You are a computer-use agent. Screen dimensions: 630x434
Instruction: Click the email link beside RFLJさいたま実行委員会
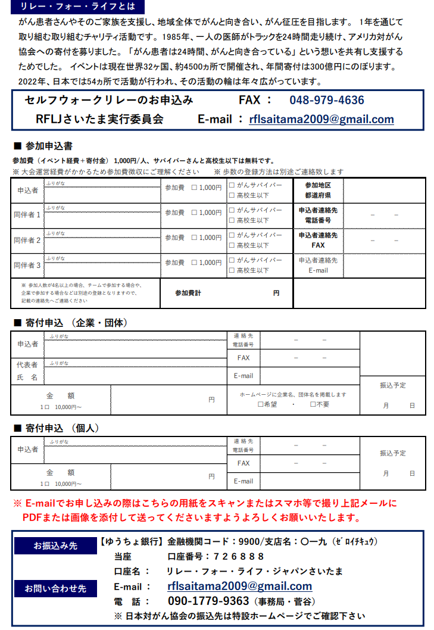[321, 119]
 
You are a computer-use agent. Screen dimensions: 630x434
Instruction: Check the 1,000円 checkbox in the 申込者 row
[195, 188]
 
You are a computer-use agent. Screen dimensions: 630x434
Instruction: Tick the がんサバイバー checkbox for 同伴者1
[232, 210]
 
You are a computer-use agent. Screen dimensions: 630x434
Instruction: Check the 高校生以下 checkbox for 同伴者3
[232, 270]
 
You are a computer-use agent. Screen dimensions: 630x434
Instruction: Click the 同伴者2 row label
[27, 240]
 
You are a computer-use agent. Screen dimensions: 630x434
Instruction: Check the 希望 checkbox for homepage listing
[261, 404]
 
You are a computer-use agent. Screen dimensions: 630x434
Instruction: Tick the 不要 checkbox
[313, 404]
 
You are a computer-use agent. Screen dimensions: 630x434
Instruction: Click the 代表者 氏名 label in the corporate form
[27, 371]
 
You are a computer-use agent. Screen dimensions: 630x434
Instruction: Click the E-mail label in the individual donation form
[243, 481]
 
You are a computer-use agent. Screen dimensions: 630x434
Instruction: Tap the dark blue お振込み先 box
[51, 545]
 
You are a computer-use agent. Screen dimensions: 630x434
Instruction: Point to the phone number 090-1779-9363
[208, 601]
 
